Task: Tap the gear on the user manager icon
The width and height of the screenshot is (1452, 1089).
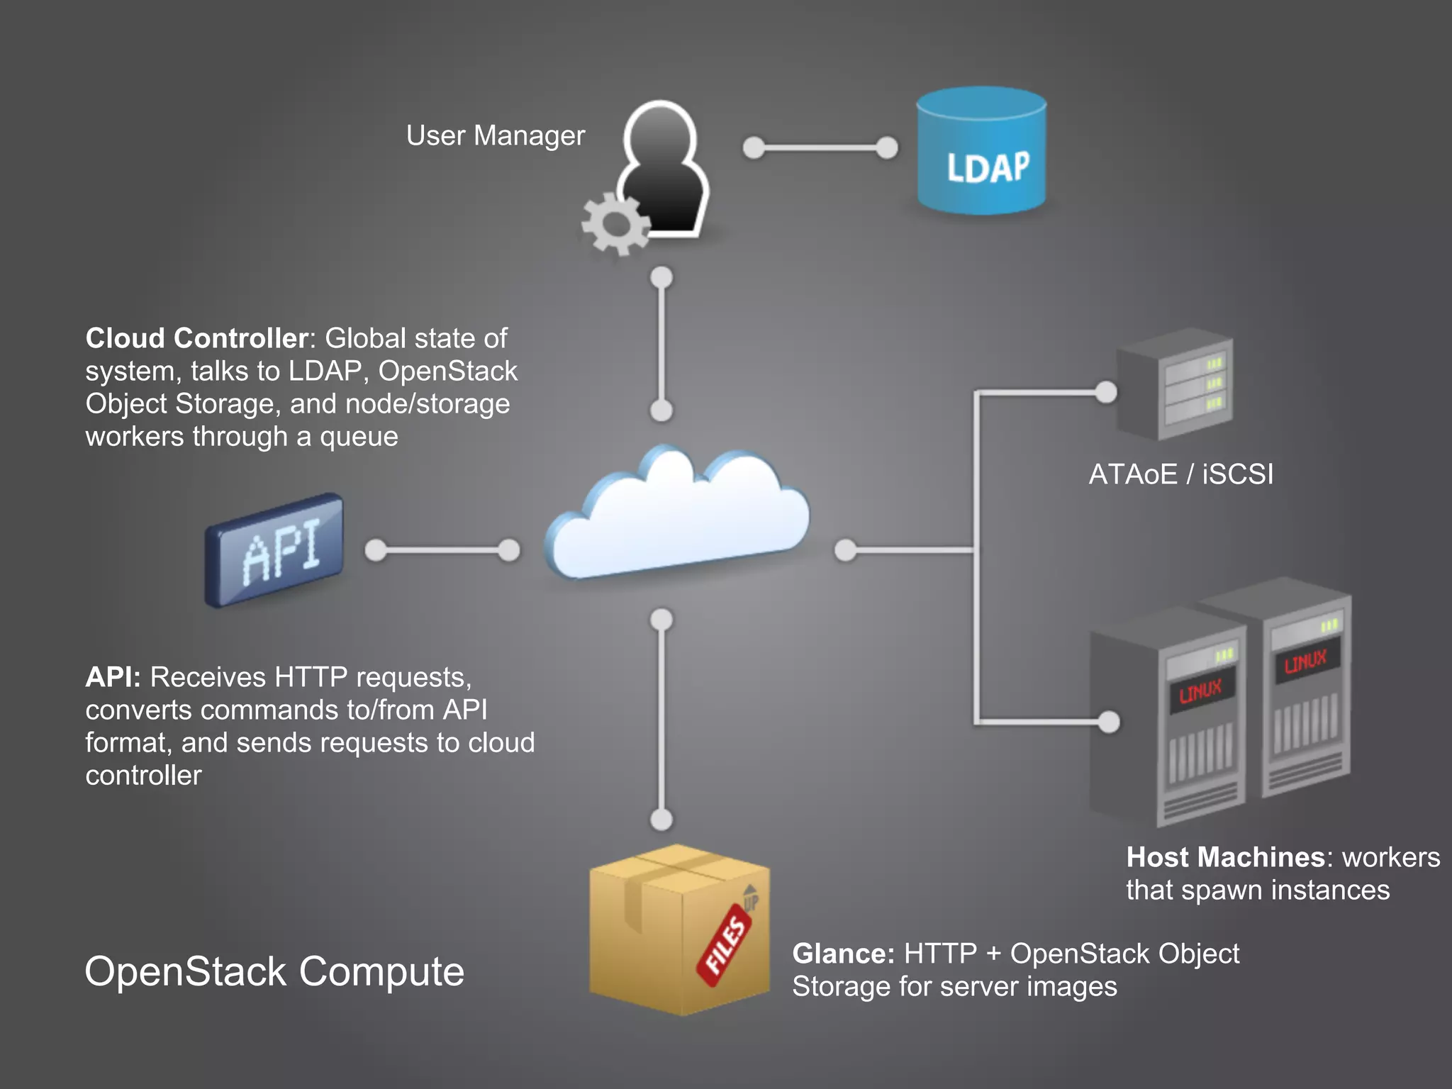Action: click(615, 224)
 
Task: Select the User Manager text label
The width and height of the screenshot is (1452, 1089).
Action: click(495, 135)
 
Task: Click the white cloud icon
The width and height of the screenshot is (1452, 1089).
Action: click(677, 518)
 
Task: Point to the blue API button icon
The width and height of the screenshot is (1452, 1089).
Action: click(275, 549)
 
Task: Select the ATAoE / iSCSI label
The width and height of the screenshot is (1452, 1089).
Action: click(1180, 474)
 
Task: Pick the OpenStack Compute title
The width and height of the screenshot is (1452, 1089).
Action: click(274, 971)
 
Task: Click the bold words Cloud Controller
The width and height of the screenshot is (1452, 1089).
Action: click(196, 338)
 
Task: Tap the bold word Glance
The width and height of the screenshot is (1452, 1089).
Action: click(842, 954)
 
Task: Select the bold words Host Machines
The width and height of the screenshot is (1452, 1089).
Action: click(1225, 857)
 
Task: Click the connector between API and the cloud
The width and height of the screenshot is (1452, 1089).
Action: click(442, 550)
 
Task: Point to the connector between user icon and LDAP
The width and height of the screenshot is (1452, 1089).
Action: click(820, 148)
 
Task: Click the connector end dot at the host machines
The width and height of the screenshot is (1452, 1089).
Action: click(1108, 722)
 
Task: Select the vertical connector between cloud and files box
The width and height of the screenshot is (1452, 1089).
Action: click(661, 720)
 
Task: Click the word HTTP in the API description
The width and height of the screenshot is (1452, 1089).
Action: click(311, 677)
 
